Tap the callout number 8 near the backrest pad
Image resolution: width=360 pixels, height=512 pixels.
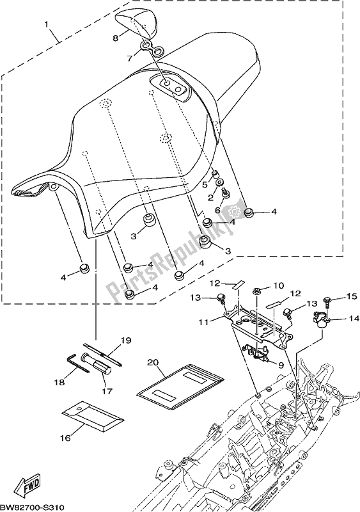[116, 38]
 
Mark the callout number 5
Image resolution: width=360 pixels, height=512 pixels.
[206, 184]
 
